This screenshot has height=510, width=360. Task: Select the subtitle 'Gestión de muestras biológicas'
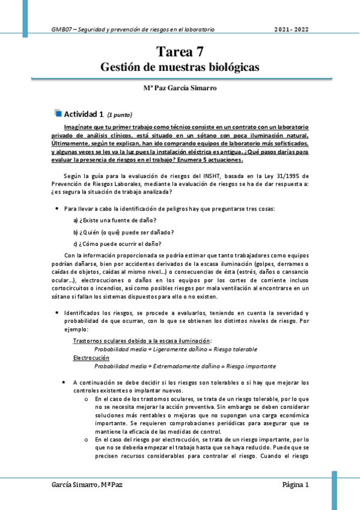click(x=180, y=67)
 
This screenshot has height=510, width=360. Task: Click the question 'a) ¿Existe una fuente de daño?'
click(x=115, y=221)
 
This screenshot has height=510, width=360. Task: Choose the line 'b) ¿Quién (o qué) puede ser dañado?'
click(x=123, y=232)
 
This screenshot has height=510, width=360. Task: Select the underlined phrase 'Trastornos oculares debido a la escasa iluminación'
click(x=142, y=341)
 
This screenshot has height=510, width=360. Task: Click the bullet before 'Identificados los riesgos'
click(x=56, y=313)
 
